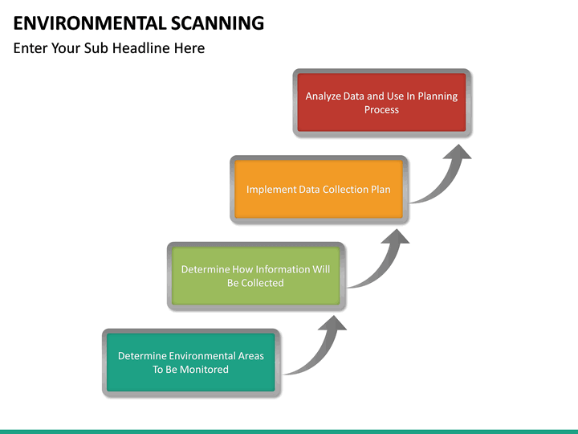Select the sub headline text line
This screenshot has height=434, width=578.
tap(109, 48)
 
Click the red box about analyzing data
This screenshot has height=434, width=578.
tap(381, 102)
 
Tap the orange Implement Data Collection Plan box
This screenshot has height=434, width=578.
tap(319, 190)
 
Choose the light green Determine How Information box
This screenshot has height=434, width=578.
tap(255, 276)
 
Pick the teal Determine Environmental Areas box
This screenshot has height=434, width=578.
tap(191, 362)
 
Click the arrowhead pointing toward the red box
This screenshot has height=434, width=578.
tap(458, 152)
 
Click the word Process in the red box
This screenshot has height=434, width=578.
tap(381, 109)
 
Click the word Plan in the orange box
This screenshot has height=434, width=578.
tap(381, 190)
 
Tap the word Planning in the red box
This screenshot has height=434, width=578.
tap(438, 96)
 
